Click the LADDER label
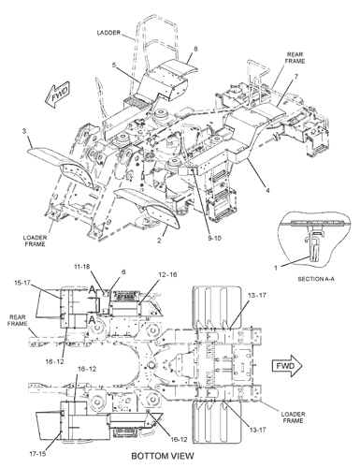108,33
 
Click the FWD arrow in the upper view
58,95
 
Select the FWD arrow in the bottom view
287,365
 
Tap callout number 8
195,49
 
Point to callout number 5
114,65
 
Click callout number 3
24,131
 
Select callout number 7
296,76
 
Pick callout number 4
267,190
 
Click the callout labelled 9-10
213,238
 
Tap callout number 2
159,241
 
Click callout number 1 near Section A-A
276,268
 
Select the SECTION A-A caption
316,279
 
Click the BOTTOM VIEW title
163,456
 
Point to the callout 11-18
82,267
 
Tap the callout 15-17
22,283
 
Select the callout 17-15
37,454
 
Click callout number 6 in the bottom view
123,272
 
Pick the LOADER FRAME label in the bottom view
293,417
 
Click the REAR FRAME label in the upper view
295,58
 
